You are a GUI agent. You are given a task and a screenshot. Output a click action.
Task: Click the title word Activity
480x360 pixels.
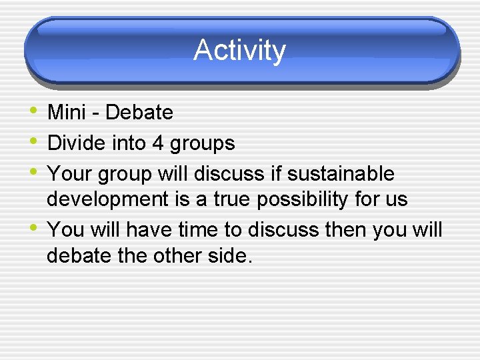click(x=239, y=51)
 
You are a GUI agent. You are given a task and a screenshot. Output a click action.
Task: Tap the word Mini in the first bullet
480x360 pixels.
click(x=67, y=113)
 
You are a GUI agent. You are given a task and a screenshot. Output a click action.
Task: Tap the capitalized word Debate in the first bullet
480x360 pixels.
click(x=139, y=113)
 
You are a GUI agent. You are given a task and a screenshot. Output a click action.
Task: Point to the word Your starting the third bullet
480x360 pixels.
click(x=70, y=174)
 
